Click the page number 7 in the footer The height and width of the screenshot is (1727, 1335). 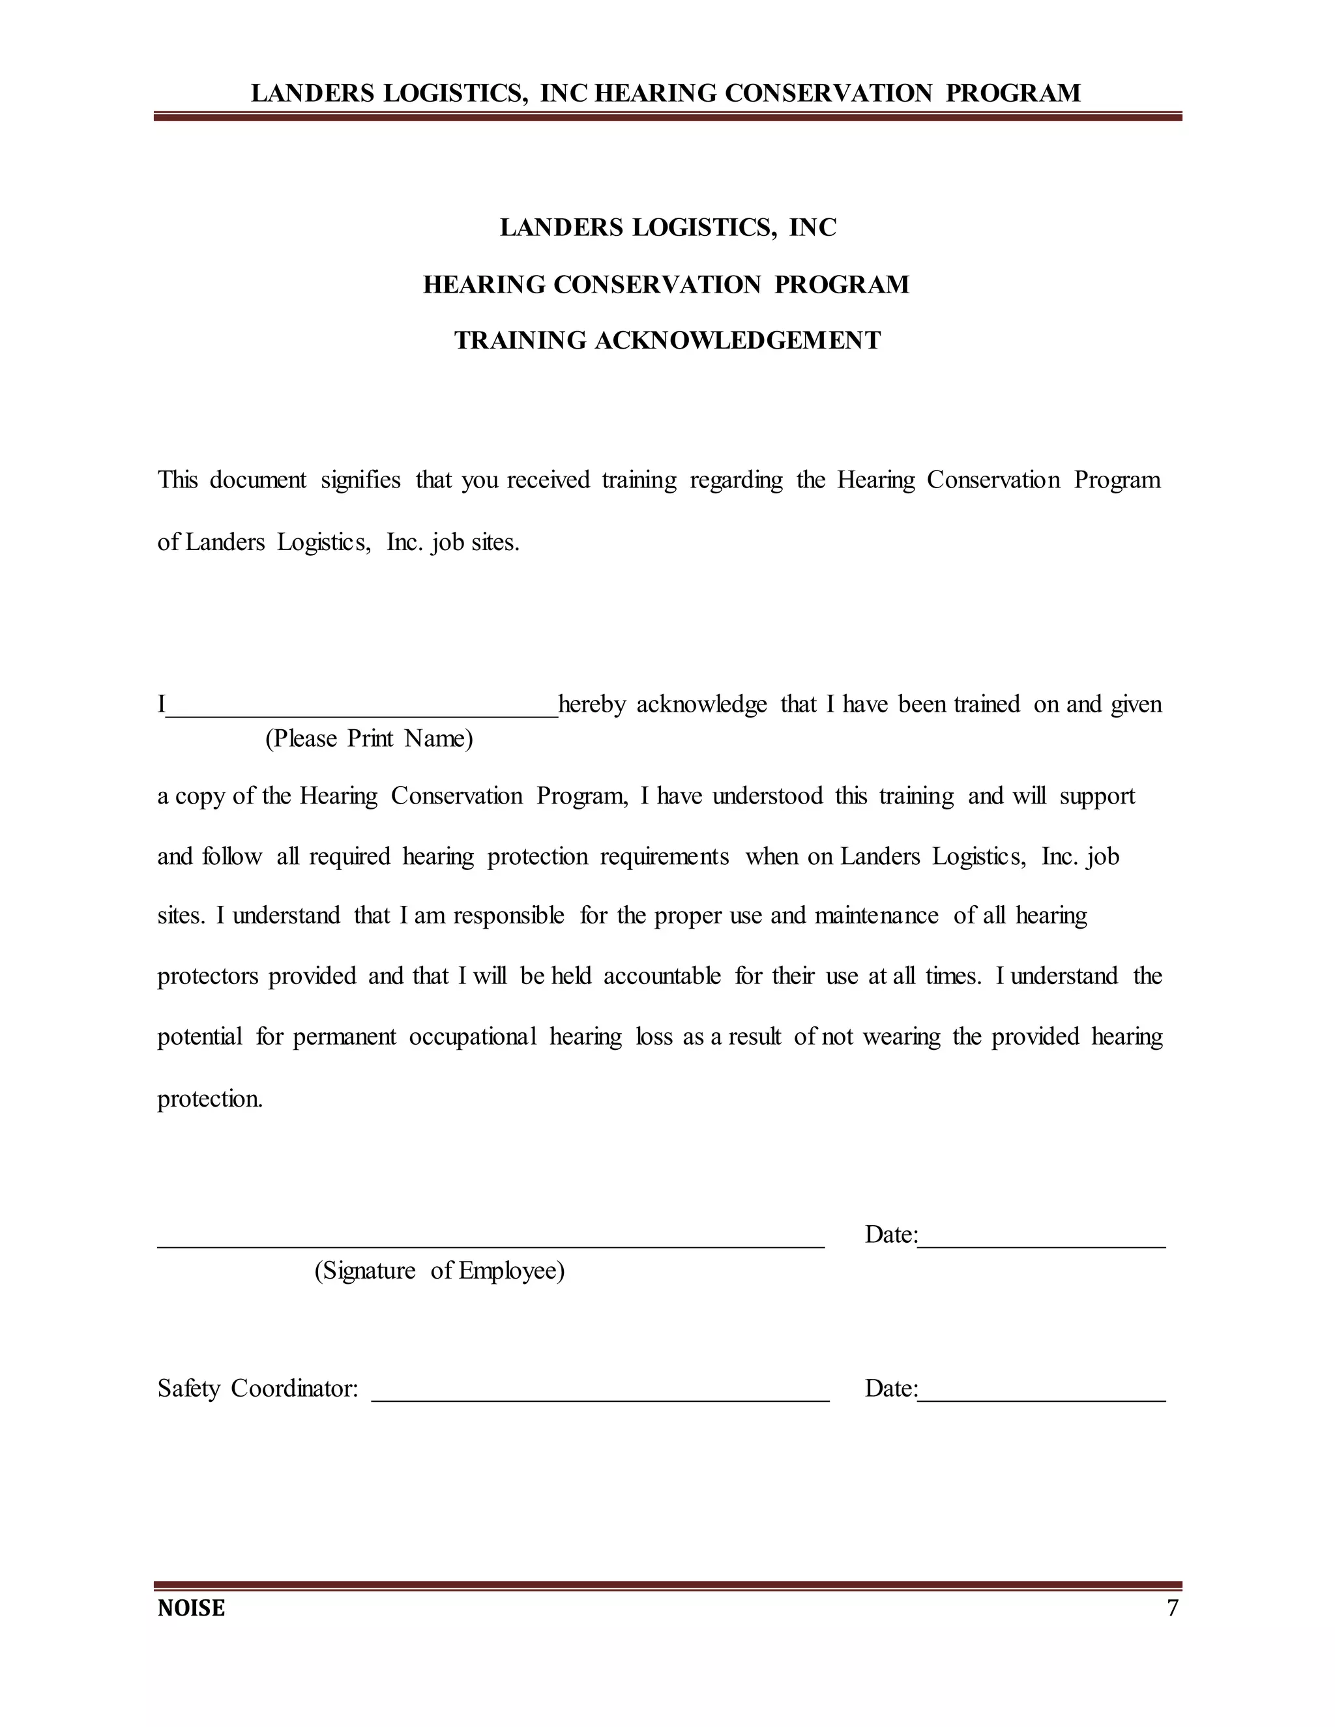[1172, 1608]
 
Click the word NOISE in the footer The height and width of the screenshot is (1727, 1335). [192, 1608]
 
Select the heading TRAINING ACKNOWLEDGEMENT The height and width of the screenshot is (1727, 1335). [667, 341]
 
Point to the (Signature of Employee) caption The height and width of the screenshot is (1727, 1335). [440, 1271]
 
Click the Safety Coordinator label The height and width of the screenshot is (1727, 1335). [258, 1389]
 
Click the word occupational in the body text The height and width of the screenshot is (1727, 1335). [472, 1038]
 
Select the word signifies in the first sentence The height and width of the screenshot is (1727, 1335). [360, 481]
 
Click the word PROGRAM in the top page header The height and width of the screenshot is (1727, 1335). [1012, 93]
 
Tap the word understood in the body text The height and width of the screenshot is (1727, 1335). [767, 796]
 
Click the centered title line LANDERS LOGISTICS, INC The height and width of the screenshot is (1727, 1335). [667, 227]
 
